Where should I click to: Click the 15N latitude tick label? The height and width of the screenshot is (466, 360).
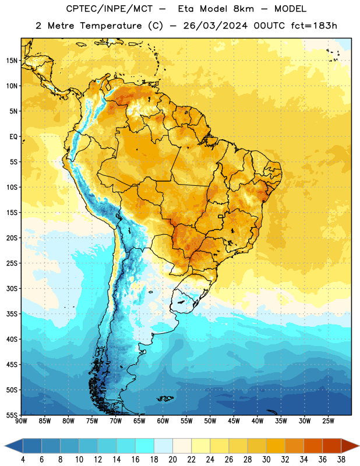tap(12, 61)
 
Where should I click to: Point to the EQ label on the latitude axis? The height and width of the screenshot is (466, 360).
tap(13, 137)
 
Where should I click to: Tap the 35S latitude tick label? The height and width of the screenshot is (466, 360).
tap(12, 314)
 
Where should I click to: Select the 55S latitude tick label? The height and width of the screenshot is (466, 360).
tap(12, 415)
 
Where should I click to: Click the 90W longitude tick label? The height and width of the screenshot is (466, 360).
tap(21, 421)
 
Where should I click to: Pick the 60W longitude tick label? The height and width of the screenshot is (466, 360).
tap(163, 421)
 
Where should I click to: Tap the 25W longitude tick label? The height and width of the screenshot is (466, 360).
tap(328, 421)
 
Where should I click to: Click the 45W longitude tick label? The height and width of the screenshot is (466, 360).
tap(234, 421)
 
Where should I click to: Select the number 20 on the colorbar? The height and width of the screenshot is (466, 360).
tap(172, 460)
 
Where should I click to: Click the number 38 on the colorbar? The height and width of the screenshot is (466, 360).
tap(341, 460)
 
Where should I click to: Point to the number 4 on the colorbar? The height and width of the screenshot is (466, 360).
tap(23, 460)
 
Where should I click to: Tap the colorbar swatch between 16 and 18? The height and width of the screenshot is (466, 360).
tap(145, 446)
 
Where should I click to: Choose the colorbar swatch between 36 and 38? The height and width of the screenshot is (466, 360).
tap(332, 446)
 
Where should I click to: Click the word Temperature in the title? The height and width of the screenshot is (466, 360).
tap(111, 26)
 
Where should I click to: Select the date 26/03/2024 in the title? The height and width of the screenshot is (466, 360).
tap(216, 26)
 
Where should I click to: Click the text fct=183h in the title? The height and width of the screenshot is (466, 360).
tap(314, 26)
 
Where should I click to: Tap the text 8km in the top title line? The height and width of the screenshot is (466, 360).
tap(243, 9)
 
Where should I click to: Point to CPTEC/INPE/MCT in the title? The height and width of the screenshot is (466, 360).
tap(109, 9)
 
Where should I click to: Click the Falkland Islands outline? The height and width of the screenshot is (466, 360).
tap(165, 398)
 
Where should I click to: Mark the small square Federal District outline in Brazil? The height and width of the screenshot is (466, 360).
tap(221, 216)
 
